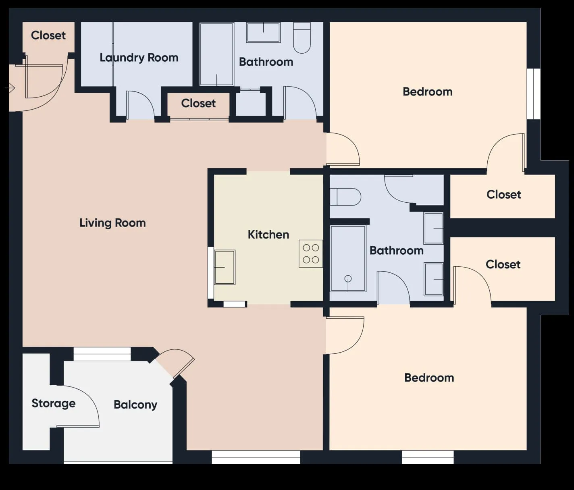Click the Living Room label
tap(112, 223)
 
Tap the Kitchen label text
tap(268, 235)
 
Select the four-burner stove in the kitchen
tap(311, 254)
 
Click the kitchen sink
tap(225, 267)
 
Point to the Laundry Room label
tap(139, 58)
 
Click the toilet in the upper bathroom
tap(302, 38)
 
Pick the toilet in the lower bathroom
tap(345, 197)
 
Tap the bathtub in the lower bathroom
tap(348, 258)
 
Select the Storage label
tap(53, 403)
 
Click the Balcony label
tap(135, 405)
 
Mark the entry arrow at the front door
tap(10, 87)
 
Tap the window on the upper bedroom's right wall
tap(534, 94)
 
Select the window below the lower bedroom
tap(428, 457)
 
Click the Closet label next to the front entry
tap(48, 35)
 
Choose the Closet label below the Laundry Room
tap(198, 104)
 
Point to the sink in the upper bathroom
tap(264, 33)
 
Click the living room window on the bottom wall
tap(256, 457)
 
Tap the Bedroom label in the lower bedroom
tap(429, 378)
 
